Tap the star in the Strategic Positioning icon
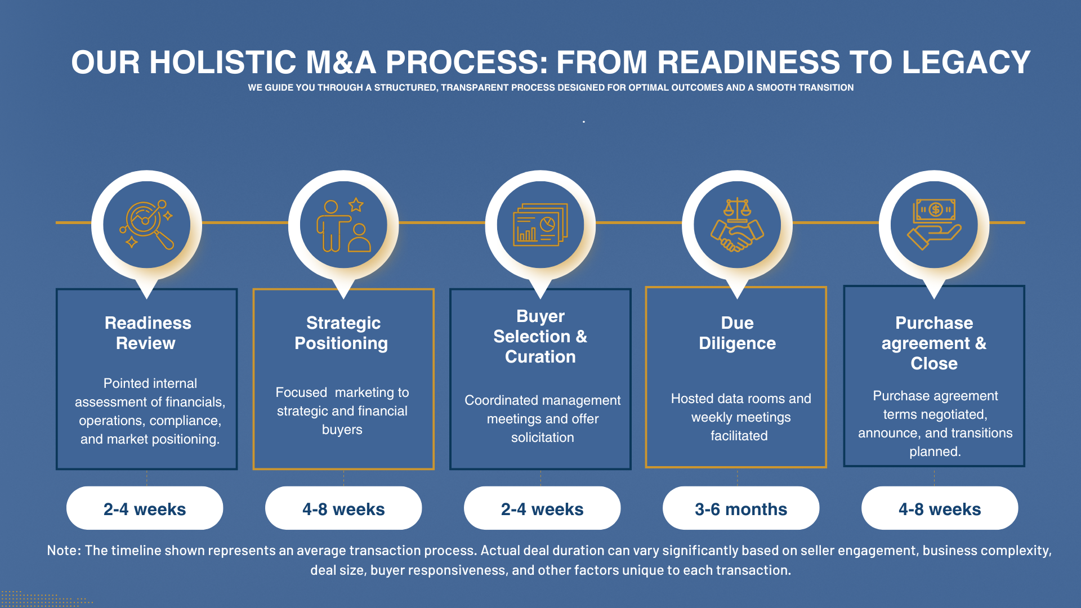click(356, 205)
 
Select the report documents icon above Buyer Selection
click(540, 225)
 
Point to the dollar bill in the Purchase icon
click(935, 210)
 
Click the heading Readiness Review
click(147, 333)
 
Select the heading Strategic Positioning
click(342, 333)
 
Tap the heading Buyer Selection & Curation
click(540, 336)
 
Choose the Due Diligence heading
click(737, 333)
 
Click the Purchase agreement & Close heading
click(934, 343)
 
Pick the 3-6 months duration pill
click(741, 508)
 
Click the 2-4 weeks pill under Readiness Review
click(145, 508)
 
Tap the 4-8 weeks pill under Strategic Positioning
click(343, 508)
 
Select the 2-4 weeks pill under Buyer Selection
click(542, 508)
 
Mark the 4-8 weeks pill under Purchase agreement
click(940, 508)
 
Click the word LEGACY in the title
click(966, 62)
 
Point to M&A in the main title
click(341, 62)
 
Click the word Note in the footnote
click(63, 550)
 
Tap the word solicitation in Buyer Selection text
click(542, 437)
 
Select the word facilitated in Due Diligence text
click(739, 436)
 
